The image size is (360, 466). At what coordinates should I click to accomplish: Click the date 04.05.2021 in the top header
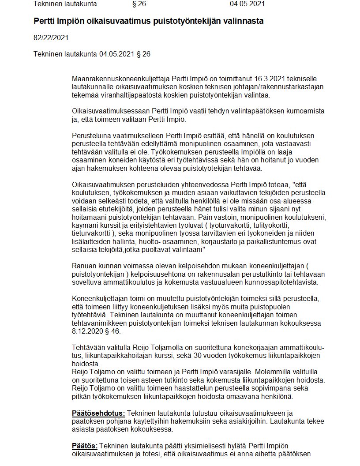(247, 4)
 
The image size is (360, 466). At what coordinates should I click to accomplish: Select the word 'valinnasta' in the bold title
(245, 21)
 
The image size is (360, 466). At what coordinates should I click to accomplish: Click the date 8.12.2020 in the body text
(87, 331)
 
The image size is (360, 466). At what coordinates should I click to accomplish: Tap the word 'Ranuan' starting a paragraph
(83, 266)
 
